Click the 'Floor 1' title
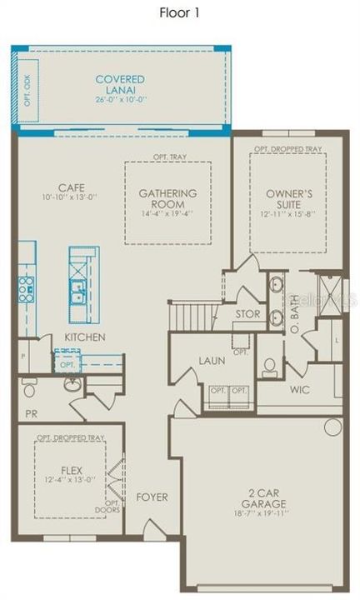pos(179,12)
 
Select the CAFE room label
pos(74,188)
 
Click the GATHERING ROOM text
pos(167,199)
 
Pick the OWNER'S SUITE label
pos(289,199)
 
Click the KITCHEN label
pos(84,337)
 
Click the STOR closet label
pos(248,315)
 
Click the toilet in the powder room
pos(30,388)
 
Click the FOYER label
pos(152,497)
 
